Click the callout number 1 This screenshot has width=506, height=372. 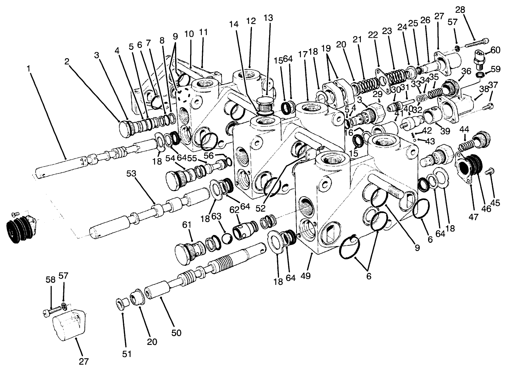click(29, 68)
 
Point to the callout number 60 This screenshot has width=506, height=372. click(495, 50)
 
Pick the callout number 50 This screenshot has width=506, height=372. click(176, 333)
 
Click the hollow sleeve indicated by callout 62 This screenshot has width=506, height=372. click(244, 232)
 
